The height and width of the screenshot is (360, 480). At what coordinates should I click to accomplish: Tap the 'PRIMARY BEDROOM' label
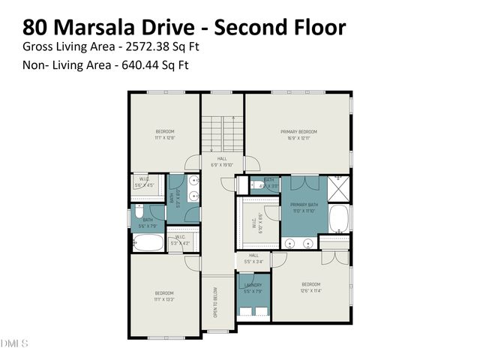point(299,131)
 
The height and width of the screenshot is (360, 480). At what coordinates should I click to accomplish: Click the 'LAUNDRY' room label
point(253,284)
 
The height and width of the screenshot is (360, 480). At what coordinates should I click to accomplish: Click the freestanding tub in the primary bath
point(340,218)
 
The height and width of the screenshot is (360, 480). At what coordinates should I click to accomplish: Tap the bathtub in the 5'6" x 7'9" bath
point(145,242)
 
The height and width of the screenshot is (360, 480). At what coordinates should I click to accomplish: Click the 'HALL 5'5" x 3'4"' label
point(253,258)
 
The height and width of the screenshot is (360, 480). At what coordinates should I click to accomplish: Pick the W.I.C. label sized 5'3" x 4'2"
point(181,241)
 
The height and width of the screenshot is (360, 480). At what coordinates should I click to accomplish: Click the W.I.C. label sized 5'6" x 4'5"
point(144,182)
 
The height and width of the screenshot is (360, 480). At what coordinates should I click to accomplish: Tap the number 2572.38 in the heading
point(128,46)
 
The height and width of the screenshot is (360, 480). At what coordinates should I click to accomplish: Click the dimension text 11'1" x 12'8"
point(164,137)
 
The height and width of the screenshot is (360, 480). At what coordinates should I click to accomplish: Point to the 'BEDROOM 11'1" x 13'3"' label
point(164,295)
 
